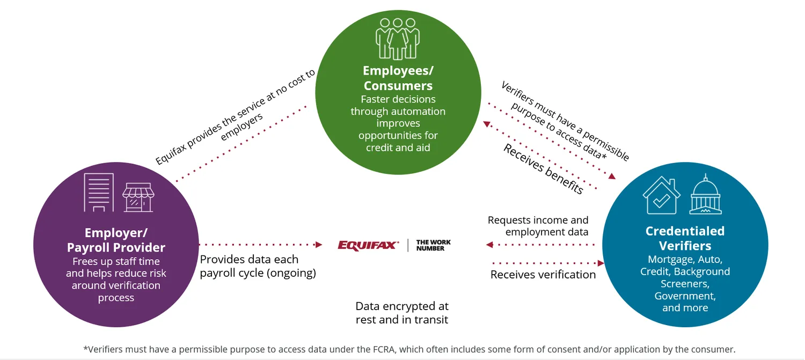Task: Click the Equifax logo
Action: [x=368, y=245]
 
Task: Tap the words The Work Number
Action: [x=433, y=245]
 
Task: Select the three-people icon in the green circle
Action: [x=398, y=39]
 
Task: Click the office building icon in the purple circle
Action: [x=99, y=192]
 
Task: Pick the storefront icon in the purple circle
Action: [x=138, y=197]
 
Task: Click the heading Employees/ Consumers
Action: [x=398, y=78]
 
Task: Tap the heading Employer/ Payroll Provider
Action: [x=116, y=240]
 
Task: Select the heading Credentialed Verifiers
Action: [x=685, y=238]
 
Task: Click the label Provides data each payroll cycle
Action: [x=258, y=266]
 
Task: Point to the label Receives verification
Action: [x=543, y=275]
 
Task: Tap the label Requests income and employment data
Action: [x=538, y=226]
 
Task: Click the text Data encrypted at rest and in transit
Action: [x=402, y=313]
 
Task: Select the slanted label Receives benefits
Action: [x=543, y=169]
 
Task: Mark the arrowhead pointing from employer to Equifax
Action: [x=319, y=245]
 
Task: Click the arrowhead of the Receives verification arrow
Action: [x=601, y=263]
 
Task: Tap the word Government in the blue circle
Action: [x=685, y=296]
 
